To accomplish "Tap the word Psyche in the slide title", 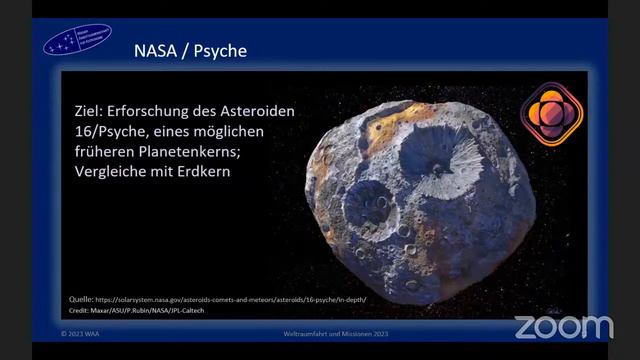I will click(x=220, y=50).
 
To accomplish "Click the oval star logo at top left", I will click(x=77, y=39).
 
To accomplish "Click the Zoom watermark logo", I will click(x=563, y=326).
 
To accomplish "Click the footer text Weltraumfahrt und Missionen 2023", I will click(x=319, y=335).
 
